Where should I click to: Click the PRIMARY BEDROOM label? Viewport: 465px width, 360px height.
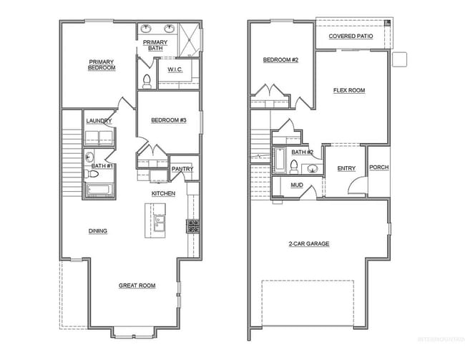click(x=103, y=65)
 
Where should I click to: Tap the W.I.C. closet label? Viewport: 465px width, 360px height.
click(x=176, y=69)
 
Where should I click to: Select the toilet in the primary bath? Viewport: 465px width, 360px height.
click(x=147, y=80)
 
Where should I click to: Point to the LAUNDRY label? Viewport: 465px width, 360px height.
click(x=99, y=121)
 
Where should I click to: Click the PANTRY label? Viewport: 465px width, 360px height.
click(x=181, y=169)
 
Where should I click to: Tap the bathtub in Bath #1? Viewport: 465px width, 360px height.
click(x=98, y=190)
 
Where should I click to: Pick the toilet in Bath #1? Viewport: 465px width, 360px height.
click(x=92, y=174)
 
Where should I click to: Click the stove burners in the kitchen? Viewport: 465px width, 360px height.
click(x=193, y=227)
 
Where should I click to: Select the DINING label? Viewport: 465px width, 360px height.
click(x=98, y=230)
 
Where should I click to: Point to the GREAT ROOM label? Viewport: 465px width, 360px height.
click(x=137, y=286)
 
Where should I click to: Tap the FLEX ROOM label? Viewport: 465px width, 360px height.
click(x=349, y=91)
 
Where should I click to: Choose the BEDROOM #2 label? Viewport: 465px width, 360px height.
click(x=280, y=60)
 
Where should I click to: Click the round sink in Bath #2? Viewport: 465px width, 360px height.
click(x=311, y=170)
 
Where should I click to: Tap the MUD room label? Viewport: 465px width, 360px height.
click(x=297, y=185)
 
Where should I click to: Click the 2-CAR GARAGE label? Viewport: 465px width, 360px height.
click(x=309, y=244)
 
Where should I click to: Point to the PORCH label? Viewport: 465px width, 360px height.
click(x=378, y=167)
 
